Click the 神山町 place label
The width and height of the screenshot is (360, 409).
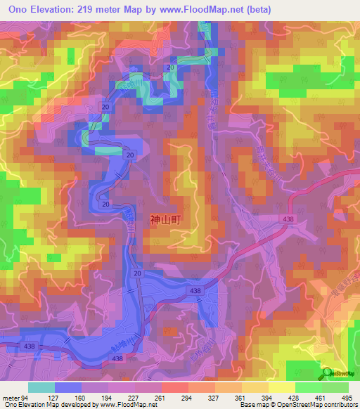coord(166,219)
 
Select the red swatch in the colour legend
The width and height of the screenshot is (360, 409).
coord(174,387)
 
